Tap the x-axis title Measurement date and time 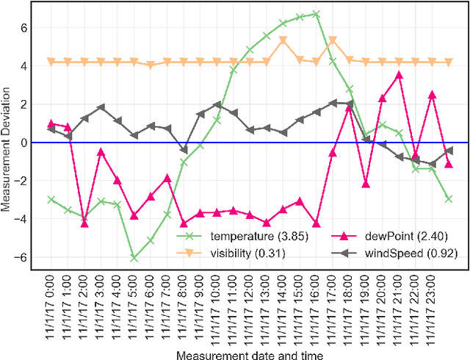coord(249,354)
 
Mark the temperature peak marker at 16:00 coord(316,14)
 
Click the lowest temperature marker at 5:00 coord(134,258)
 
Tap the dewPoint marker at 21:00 coord(399,75)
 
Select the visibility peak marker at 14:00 coord(283,41)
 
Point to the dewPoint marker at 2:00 coord(84,223)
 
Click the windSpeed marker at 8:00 coord(184,150)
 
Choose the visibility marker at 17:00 coord(333,41)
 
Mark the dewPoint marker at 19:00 coord(366,184)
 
